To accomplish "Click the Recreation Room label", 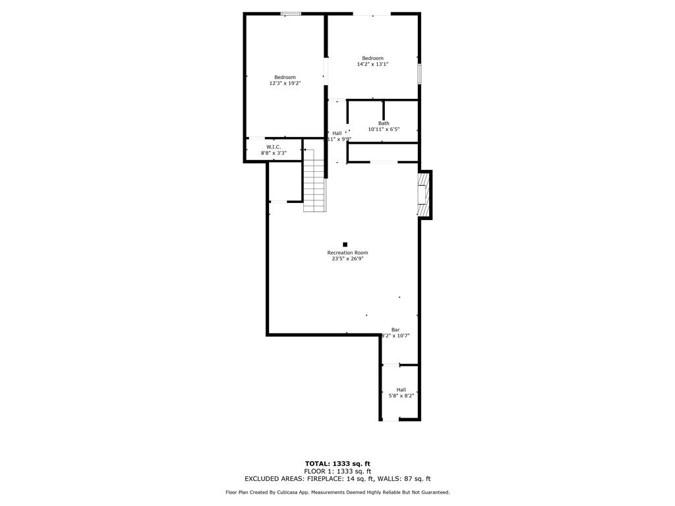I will [x=347, y=252].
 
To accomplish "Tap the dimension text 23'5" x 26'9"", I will [x=347, y=259].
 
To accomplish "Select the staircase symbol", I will [x=315, y=181].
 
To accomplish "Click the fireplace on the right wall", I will [x=423, y=195].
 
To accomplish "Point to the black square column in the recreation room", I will [x=345, y=244].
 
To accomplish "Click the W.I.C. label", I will [x=274, y=146].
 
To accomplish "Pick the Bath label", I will [x=384, y=123].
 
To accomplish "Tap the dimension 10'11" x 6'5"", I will [x=384, y=130].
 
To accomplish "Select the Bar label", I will [x=396, y=329].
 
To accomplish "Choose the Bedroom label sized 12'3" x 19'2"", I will [x=285, y=77].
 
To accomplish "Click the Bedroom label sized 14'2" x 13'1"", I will [x=372, y=58].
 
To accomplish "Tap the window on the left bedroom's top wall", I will [x=291, y=13].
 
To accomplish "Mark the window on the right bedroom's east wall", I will [x=419, y=73].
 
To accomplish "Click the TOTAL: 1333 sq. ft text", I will [x=337, y=463].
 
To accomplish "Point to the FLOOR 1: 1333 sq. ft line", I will [x=337, y=471].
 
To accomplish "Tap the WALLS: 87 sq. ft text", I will [x=403, y=479].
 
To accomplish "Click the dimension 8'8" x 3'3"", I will [x=274, y=153].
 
